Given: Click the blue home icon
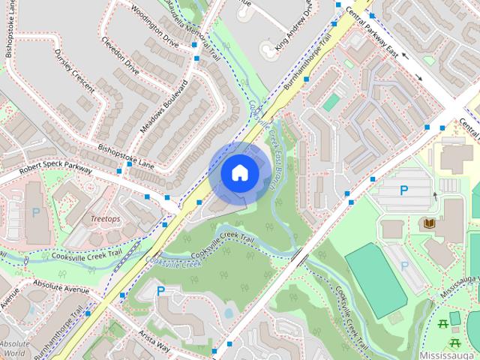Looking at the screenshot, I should click(239, 172).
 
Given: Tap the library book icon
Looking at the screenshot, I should click(430, 223).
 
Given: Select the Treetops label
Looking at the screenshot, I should click(105, 218).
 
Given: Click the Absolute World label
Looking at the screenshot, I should click(14, 348).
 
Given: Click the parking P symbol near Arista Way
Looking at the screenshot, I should click(160, 291).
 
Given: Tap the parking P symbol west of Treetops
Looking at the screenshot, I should click(35, 213).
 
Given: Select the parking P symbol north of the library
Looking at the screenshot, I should click(403, 191).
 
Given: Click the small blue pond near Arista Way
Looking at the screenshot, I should click(228, 313).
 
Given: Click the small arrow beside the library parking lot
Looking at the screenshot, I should click(434, 196).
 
